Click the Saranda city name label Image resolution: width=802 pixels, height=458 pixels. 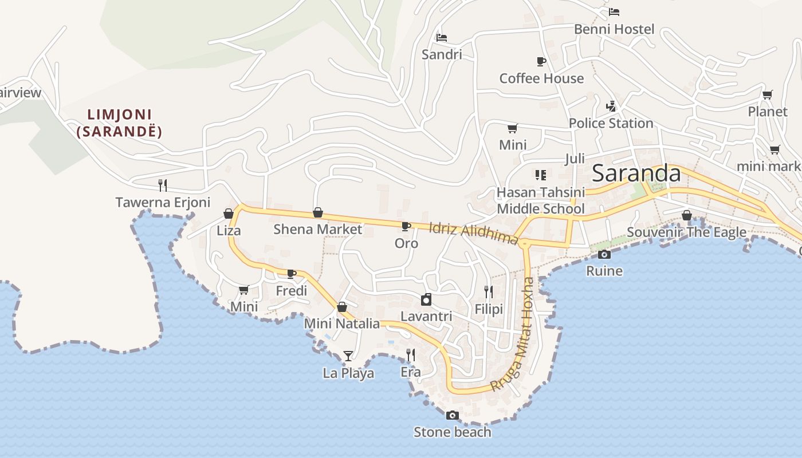pos(636,173)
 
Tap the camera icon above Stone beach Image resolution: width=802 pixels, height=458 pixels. pos(453,416)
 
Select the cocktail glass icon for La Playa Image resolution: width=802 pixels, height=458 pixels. pos(348,356)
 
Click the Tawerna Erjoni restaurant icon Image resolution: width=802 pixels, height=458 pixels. pos(163,185)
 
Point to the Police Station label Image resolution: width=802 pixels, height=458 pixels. pos(611,123)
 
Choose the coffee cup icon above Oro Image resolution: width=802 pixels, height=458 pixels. pos(406,226)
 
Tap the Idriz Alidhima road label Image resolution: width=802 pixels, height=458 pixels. pos(473,233)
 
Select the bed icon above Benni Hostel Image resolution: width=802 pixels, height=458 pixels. pos(614,11)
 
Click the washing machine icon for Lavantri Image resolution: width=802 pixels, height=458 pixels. pos(426,299)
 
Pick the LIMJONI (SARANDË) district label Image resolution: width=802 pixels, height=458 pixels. pos(119,123)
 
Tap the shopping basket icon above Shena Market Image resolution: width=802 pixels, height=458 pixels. pos(318,213)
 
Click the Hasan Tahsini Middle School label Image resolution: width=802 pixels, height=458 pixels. pos(541,200)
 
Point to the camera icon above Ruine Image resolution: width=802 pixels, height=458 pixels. pos(604,254)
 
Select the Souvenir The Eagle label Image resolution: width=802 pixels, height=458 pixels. pos(686,232)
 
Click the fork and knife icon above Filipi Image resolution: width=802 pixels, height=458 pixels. pos(489,292)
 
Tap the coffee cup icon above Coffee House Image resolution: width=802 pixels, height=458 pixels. pos(541,61)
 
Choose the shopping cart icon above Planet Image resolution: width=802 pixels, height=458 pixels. pos(767,94)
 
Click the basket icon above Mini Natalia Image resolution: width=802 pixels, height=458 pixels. pos(342,307)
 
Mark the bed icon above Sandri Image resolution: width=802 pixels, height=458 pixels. pos(441,38)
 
